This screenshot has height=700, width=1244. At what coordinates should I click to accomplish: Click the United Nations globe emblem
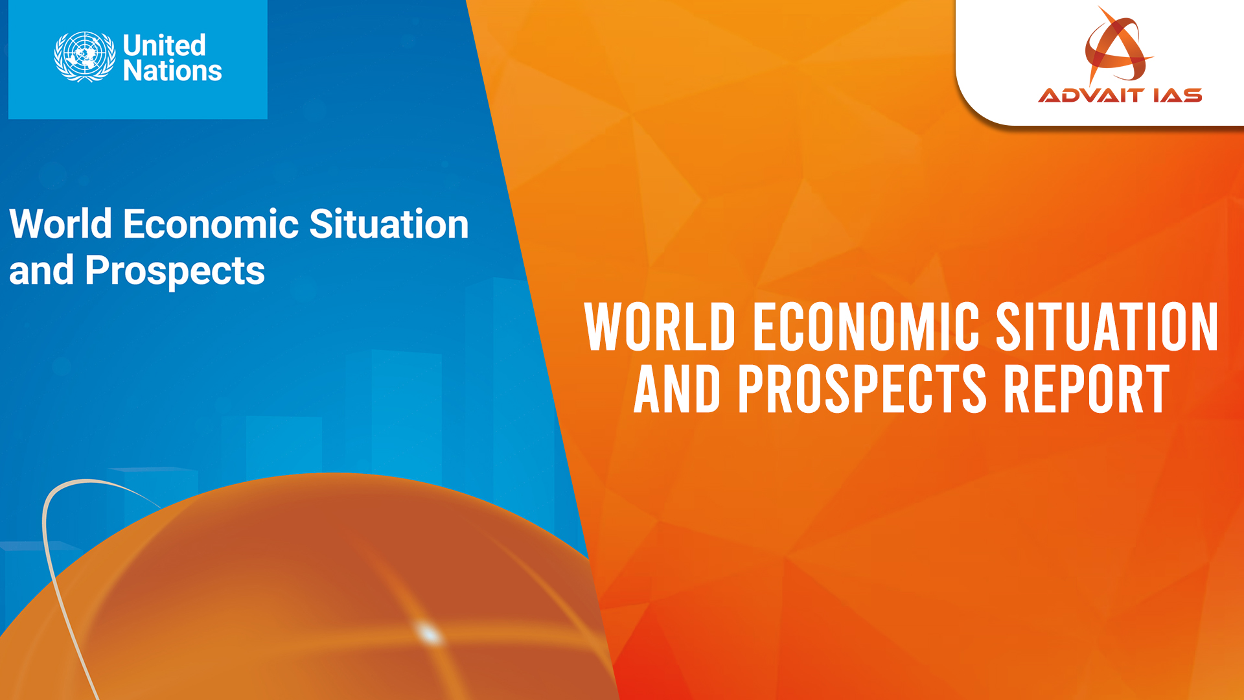tap(85, 57)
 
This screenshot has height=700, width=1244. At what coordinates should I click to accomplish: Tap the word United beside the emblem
tap(165, 45)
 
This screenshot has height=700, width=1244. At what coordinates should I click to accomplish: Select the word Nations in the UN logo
tap(172, 71)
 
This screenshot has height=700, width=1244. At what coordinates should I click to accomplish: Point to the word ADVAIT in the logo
tap(1090, 96)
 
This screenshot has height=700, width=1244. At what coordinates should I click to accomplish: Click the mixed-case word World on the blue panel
tap(61, 224)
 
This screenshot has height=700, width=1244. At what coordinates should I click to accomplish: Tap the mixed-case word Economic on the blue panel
tap(211, 224)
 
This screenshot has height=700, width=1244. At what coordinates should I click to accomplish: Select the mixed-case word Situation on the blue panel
tap(389, 224)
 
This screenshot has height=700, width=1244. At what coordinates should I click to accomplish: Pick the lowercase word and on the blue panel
tap(41, 270)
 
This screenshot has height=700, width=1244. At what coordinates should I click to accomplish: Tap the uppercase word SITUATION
tap(1107, 327)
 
